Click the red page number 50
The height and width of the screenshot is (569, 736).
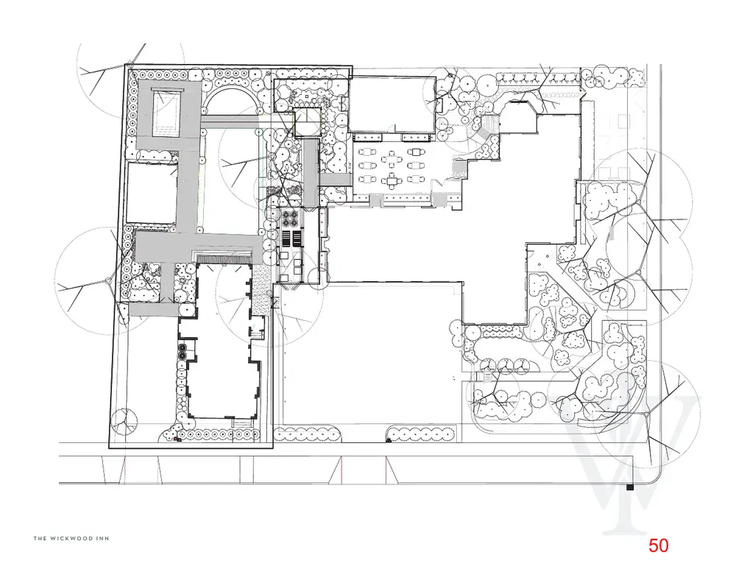659,545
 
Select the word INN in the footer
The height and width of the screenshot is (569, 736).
103,539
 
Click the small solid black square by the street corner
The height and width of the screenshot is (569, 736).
630,488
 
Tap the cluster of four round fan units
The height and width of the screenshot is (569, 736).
289,218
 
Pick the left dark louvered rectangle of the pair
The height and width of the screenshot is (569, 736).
286,238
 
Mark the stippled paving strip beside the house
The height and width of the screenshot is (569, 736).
261,289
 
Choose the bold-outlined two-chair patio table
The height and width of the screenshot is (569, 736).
417,152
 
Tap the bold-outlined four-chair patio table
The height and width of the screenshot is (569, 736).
392,179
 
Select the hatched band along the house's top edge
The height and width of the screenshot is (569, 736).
223,260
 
